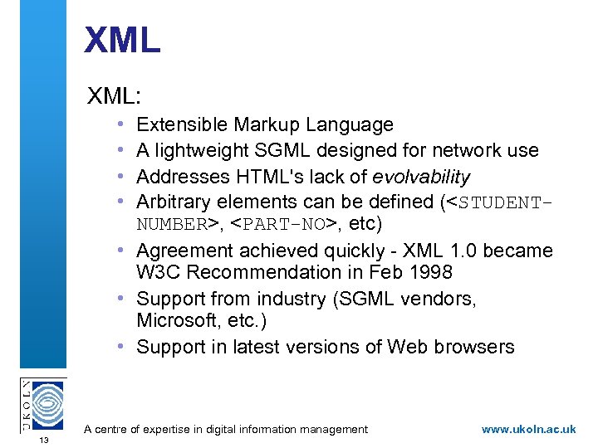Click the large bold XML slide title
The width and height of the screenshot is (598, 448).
[x=122, y=40]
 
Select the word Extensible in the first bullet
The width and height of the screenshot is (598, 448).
[x=182, y=125]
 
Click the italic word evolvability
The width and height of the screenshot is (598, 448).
[x=421, y=177]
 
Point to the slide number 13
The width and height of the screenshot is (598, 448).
[x=42, y=440]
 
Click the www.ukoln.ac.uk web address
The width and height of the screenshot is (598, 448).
[x=528, y=429]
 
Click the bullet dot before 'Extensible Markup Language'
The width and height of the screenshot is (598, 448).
[x=121, y=124]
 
